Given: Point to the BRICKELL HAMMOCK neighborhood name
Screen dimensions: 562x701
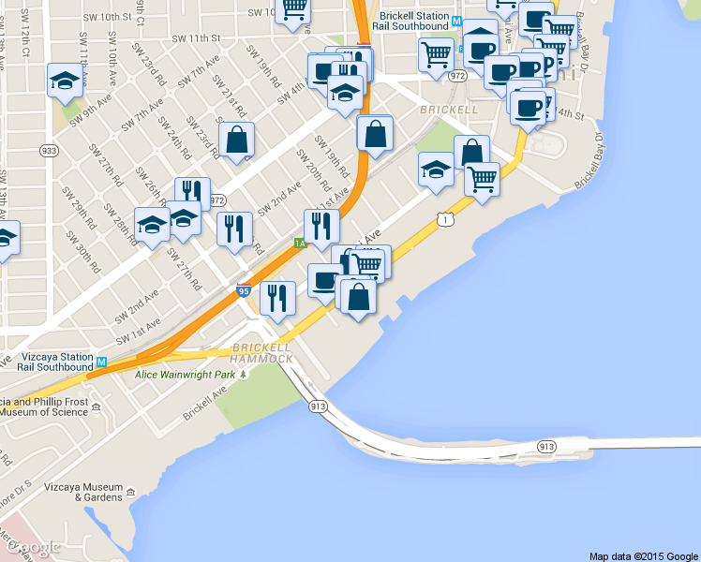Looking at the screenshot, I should [x=262, y=353].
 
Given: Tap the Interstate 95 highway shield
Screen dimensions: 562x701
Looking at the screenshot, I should [x=244, y=291].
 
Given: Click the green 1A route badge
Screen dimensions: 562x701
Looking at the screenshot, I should [x=300, y=243].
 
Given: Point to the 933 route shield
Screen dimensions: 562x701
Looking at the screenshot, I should [x=49, y=150].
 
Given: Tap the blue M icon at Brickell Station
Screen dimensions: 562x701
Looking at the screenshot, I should [x=456, y=21].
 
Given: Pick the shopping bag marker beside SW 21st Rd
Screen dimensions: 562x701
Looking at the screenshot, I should [x=238, y=140].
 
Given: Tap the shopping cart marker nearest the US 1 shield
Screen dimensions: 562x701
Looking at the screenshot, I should [x=482, y=177].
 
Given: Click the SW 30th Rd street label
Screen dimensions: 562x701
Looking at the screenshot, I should [x=88, y=252].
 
